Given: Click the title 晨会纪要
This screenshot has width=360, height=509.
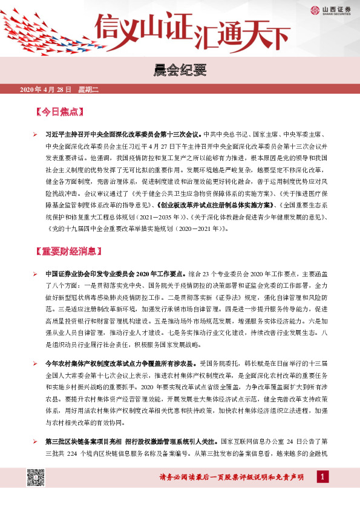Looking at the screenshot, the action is (x=180, y=71).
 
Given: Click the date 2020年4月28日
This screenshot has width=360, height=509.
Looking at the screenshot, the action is (x=46, y=90).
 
